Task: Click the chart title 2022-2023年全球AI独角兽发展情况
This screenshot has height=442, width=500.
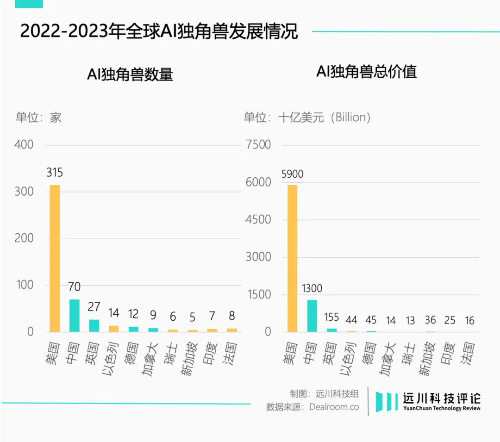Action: pos(159,31)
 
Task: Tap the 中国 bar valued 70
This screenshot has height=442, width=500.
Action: pos(74,316)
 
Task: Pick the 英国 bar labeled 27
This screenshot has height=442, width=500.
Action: pos(94,325)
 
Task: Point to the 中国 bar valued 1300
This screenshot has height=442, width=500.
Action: pos(312,316)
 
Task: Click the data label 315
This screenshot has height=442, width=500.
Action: pos(54,173)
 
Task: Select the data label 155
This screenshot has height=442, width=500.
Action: pos(331,318)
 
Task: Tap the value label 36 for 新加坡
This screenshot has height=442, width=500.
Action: pos(430,320)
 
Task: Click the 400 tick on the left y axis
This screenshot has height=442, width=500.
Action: pos(24,144)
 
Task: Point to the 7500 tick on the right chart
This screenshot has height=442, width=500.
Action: pos(258,144)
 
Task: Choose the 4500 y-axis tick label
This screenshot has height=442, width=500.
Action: pos(258,219)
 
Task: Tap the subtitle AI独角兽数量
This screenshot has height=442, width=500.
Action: pos(130,74)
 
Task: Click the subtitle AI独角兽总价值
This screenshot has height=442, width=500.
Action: pos(366,71)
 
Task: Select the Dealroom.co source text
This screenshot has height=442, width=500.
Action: pos(334,407)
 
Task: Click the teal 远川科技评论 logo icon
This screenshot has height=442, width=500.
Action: pos(387,401)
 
